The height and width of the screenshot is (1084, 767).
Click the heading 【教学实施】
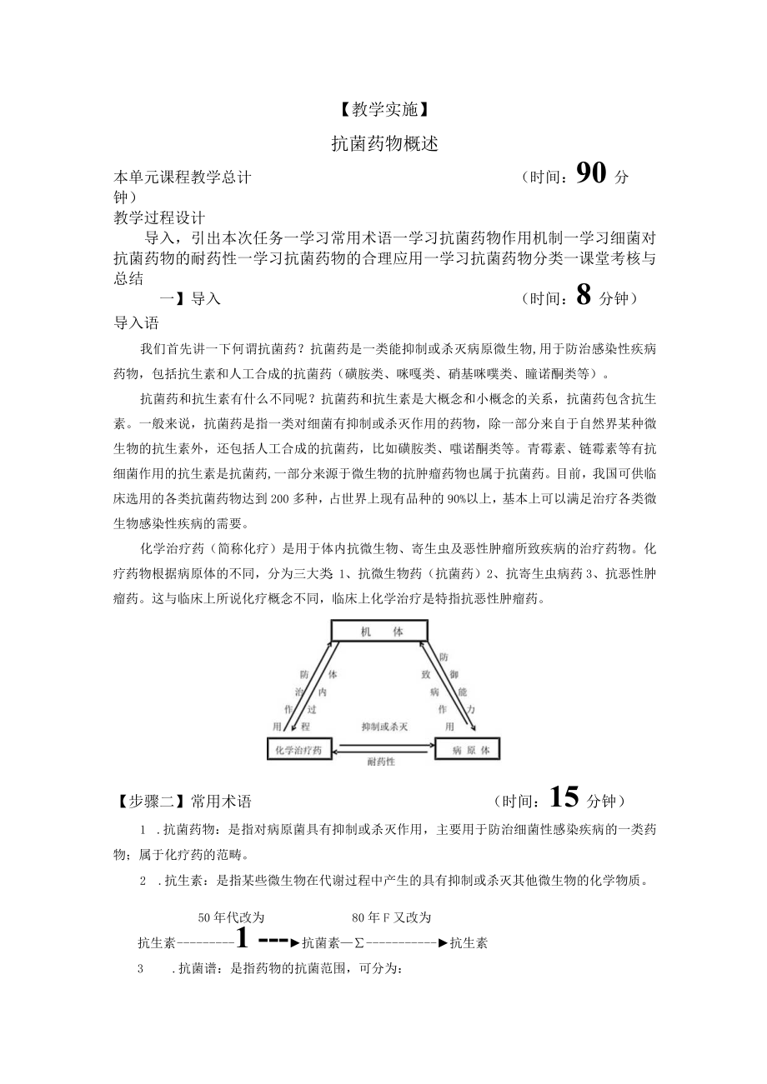pos(383,108)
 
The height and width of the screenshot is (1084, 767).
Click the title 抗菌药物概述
pos(383,144)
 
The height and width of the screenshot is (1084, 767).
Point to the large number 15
pos(564,799)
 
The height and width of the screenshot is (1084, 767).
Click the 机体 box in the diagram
pos(381,631)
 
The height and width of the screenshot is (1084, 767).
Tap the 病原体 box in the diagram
pos(468,750)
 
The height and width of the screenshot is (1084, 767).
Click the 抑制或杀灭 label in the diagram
pos(383,727)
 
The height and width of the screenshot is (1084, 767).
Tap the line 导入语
pos(136,322)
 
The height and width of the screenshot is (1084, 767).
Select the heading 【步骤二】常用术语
pos(183,802)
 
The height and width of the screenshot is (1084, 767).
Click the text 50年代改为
pos(231,917)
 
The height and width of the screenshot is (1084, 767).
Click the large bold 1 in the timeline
pos(242,940)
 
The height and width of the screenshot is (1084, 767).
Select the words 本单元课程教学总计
pos(183,177)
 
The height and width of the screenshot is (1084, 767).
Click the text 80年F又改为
pos(392,917)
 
